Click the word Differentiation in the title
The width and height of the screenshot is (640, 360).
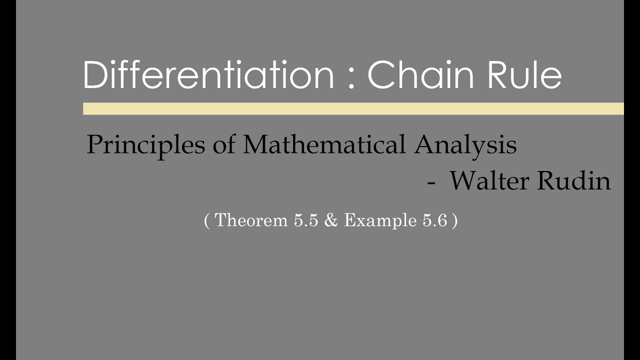(208, 75)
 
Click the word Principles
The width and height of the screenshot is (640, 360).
(145, 145)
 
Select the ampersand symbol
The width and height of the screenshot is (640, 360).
(331, 220)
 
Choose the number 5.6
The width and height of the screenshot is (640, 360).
(434, 220)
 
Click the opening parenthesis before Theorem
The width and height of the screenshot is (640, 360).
(207, 220)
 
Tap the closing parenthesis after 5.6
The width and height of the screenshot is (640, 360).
(454, 220)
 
